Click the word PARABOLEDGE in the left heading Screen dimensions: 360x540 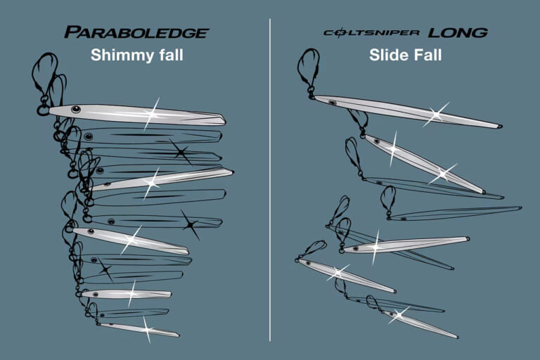(136, 32)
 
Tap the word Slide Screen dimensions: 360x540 (389, 55)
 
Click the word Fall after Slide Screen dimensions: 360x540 (427, 55)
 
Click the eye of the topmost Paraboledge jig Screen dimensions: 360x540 (75, 109)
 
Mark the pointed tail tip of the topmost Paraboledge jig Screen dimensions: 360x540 (224, 119)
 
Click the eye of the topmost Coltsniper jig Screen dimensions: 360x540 (332, 103)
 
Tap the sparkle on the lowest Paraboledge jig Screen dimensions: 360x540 (146, 328)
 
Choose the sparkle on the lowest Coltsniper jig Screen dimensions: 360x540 (399, 314)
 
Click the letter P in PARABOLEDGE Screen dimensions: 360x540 (70, 32)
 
